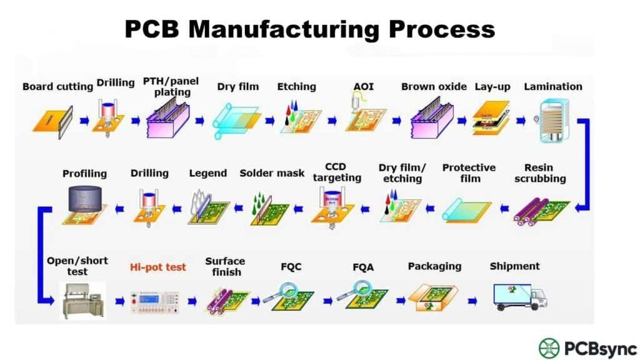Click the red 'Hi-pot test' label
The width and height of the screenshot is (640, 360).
coord(158,267)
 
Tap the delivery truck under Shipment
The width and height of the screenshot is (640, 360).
coord(520,297)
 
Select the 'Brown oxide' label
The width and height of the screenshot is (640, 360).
coord(434,87)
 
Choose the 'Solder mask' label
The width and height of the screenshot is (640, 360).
coord(272,173)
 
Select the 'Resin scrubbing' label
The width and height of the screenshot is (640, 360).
coord(545,173)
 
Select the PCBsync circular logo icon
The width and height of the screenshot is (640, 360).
coord(549,348)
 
